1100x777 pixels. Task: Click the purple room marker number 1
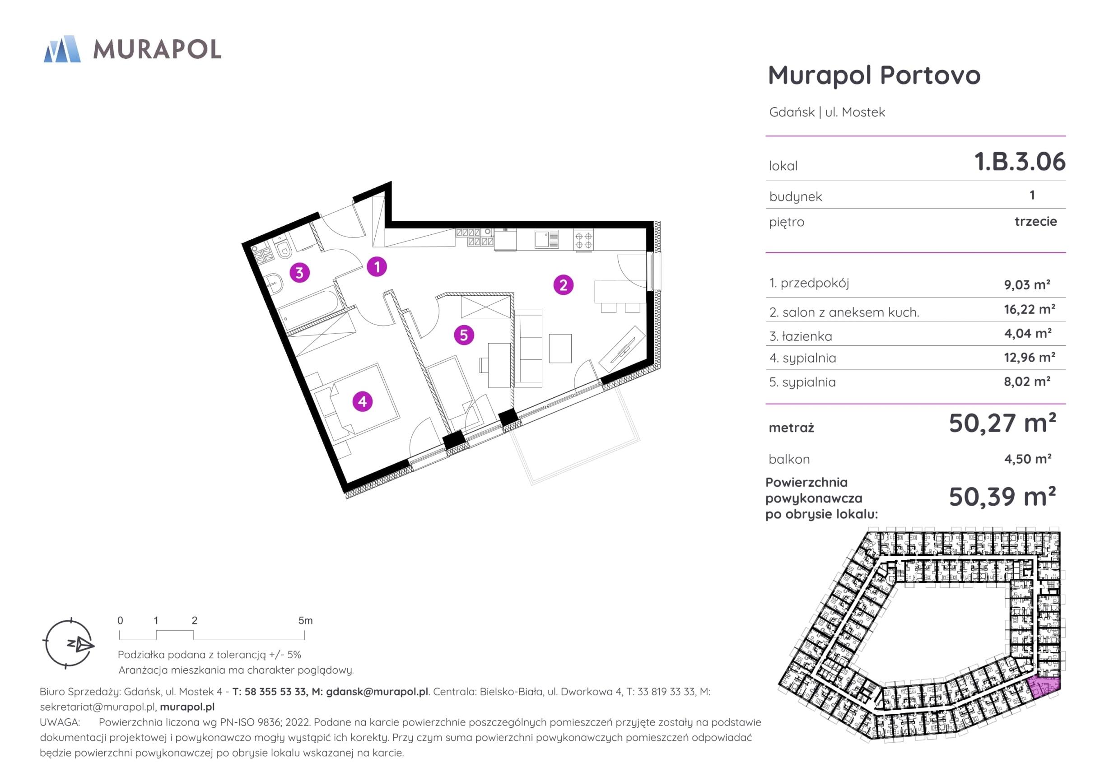coord(377,267)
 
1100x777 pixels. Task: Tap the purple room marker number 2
coord(563,285)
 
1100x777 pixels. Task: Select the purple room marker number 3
coord(299,273)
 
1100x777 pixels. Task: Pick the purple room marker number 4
coord(362,401)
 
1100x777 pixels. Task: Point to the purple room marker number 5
coord(464,335)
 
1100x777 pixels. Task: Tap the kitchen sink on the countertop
coord(547,238)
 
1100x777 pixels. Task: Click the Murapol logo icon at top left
coord(62,49)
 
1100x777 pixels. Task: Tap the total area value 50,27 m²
coord(1002,423)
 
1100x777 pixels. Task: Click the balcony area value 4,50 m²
coord(1028,458)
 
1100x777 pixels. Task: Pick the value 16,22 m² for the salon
coord(1030,309)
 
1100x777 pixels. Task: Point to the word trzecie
coord(1036,221)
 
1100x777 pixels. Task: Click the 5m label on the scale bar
coord(305,620)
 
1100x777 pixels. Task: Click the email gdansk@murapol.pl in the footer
coord(377,692)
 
